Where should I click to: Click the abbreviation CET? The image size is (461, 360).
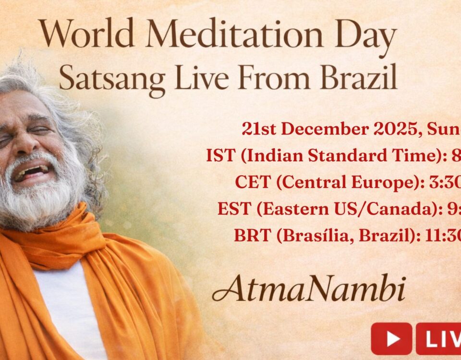249,182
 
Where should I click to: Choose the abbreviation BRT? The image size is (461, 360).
249,236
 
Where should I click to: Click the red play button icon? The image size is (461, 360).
391,339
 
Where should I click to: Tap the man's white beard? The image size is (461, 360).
43,202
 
